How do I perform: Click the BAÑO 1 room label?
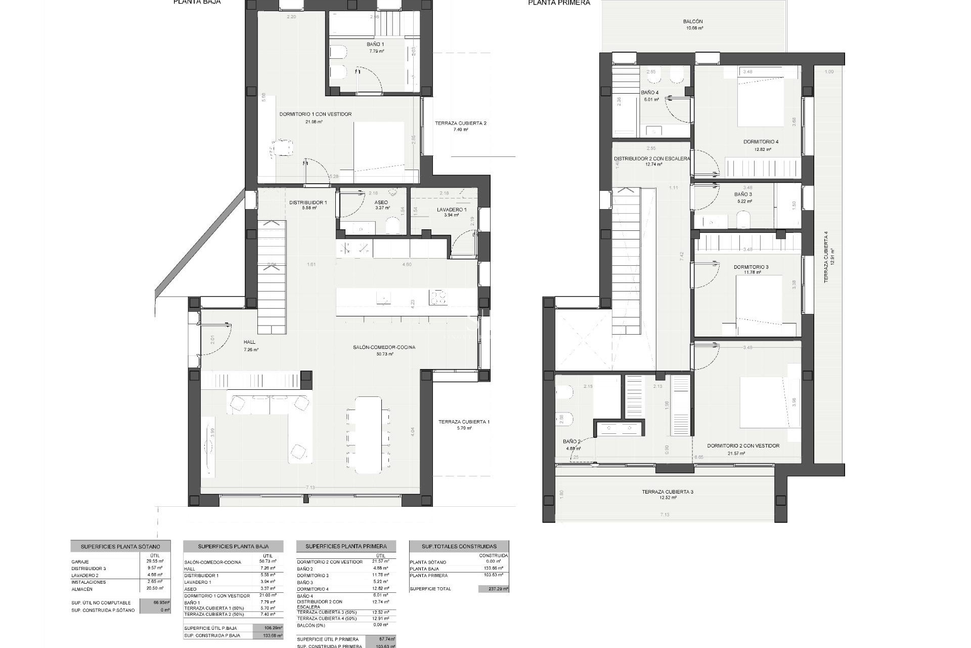[x=375, y=45]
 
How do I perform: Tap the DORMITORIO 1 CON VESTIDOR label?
[x=315, y=114]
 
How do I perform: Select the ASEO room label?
[x=381, y=202]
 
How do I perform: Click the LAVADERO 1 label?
[x=452, y=210]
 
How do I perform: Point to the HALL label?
[x=250, y=342]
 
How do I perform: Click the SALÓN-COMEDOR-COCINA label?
[x=384, y=347]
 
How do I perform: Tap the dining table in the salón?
[x=368, y=434]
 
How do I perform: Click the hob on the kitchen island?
[x=438, y=297]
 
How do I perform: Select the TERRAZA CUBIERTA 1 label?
[x=464, y=422]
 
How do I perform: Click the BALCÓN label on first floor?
[x=693, y=22]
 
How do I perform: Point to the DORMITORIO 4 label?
[x=761, y=142]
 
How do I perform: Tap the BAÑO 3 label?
[x=743, y=194]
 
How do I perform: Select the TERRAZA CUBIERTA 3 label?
[x=668, y=492]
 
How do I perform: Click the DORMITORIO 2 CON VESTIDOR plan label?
[x=743, y=446]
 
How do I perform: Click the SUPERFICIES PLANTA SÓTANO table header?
[x=120, y=547]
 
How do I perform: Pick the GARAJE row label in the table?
[x=80, y=562]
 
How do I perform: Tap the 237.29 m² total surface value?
[x=493, y=589]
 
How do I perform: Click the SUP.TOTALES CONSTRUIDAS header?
[x=459, y=546]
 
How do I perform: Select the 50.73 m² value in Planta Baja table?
[x=268, y=561]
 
